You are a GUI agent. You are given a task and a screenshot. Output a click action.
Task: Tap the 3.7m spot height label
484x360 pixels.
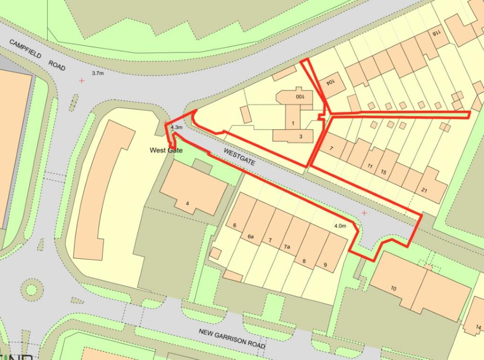coord(97,73)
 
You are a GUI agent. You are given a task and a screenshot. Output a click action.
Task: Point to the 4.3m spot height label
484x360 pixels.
coord(176,127)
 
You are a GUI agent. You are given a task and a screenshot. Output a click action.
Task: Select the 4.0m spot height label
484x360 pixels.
coord(340,226)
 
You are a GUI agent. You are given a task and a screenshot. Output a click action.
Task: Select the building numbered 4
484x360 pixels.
coord(188,203)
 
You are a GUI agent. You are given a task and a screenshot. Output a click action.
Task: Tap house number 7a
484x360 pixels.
coord(287,247)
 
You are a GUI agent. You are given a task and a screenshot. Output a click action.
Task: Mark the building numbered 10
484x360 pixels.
coord(394,288)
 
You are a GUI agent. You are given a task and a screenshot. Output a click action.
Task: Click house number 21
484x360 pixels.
coord(424,189)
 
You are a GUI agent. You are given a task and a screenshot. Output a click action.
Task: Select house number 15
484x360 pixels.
coord(383,172)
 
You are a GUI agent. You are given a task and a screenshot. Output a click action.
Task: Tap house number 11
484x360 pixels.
coord(370,166)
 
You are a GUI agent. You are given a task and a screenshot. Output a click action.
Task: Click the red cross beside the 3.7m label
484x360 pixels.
coord(82,81)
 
